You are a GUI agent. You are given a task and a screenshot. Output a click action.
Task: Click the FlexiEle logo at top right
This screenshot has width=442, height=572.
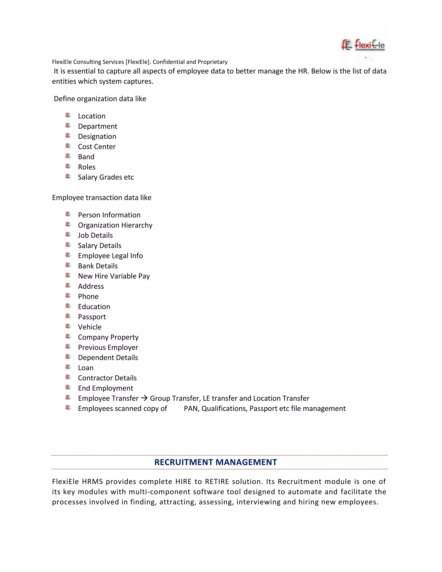[363, 45]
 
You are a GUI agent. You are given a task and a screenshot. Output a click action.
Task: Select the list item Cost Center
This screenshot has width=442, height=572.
[97, 147]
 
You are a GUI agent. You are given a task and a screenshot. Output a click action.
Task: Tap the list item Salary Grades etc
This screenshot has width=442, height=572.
[106, 177]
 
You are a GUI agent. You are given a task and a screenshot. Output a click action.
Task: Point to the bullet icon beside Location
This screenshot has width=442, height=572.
[68, 115]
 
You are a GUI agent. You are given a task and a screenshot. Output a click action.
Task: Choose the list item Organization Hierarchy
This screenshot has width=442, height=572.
[115, 225]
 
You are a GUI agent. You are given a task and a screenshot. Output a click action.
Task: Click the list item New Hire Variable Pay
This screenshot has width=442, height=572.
[114, 276]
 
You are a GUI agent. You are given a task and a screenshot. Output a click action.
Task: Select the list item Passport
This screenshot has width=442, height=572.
[92, 317]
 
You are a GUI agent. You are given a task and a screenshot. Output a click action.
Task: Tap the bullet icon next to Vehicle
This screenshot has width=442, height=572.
[68, 326]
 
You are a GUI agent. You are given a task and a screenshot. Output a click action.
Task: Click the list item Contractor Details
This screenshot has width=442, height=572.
[107, 378]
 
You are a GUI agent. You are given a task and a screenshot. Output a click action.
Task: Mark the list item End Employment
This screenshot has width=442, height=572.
[105, 388]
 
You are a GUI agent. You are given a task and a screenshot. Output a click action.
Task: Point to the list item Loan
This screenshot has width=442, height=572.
[86, 368]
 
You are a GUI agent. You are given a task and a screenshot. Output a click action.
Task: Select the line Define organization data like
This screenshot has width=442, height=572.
[100, 99]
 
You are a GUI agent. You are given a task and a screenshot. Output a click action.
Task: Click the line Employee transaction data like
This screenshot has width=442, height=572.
[102, 198]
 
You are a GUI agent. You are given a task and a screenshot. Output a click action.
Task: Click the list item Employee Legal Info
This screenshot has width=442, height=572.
[110, 256]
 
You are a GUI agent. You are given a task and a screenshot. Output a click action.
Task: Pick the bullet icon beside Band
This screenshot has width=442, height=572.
[68, 156]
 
